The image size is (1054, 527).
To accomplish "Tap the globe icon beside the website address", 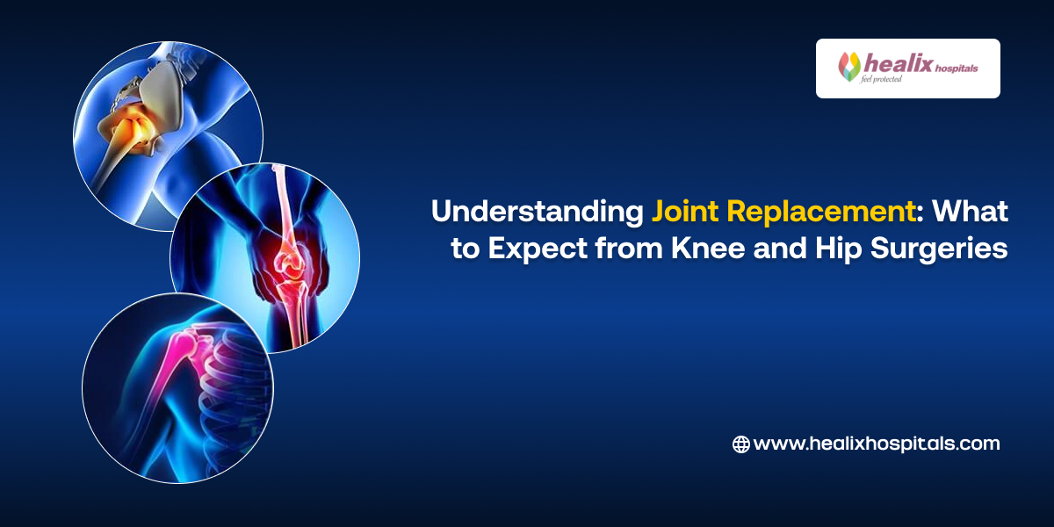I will click(x=740, y=444).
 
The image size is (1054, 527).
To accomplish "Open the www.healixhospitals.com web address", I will click(x=876, y=444).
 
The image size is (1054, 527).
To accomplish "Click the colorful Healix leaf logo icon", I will click(x=849, y=67).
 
